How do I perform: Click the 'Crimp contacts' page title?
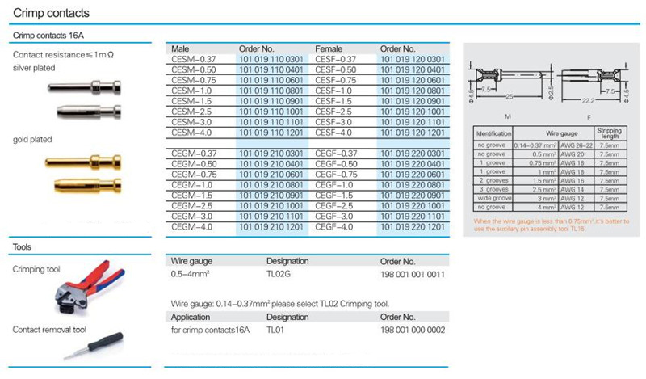point(50,14)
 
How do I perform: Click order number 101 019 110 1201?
point(274,132)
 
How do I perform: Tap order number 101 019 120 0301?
point(413,59)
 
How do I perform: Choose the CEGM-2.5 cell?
point(192,196)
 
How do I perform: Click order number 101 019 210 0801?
point(274,184)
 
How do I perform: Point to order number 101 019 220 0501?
point(413,163)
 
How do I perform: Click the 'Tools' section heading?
point(23,246)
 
